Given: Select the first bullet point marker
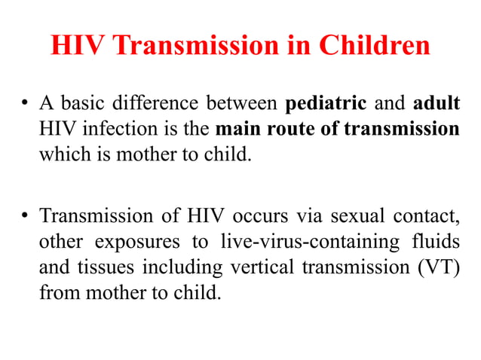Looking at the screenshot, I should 25,103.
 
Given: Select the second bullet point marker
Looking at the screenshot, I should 25,218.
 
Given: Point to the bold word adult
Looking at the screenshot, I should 434,103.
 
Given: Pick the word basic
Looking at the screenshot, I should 84,103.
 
